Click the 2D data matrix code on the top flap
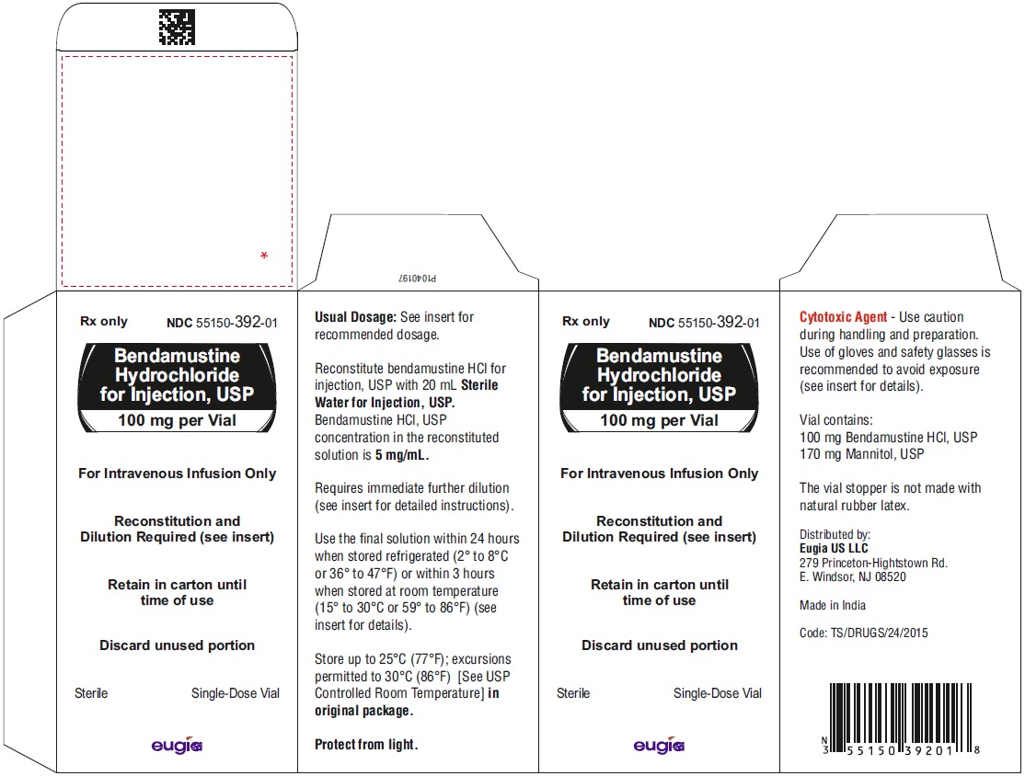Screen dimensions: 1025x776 (x=177, y=27)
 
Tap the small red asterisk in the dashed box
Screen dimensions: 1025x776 (x=264, y=256)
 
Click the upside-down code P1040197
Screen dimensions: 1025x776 (x=417, y=279)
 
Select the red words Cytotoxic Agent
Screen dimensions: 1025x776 (x=843, y=317)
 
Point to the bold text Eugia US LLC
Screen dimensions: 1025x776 (x=834, y=549)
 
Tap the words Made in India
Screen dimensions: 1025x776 (x=832, y=606)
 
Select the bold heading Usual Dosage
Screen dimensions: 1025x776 (x=355, y=317)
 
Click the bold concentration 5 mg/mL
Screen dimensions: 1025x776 (x=402, y=455)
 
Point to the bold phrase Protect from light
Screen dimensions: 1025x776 (x=366, y=745)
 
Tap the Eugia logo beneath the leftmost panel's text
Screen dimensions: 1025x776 (x=177, y=745)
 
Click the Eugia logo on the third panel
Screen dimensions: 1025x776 (x=659, y=745)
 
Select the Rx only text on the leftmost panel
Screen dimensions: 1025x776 (x=104, y=322)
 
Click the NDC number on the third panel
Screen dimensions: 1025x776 (x=704, y=323)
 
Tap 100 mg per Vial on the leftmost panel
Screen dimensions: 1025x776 (x=177, y=421)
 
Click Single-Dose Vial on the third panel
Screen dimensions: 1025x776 (x=717, y=693)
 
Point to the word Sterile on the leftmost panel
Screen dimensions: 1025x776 (x=91, y=693)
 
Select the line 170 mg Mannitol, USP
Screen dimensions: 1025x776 (x=861, y=454)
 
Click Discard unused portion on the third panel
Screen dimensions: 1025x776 (x=660, y=645)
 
